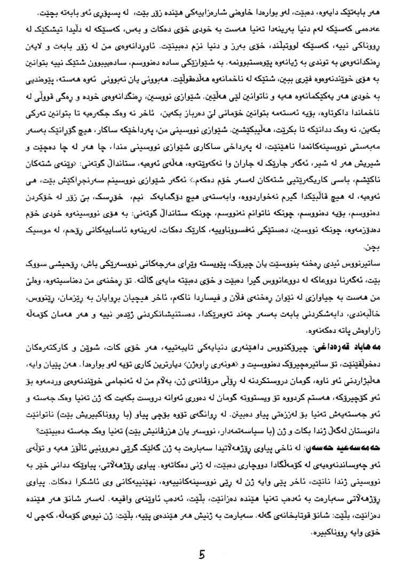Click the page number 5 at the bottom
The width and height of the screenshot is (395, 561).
(202, 552)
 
